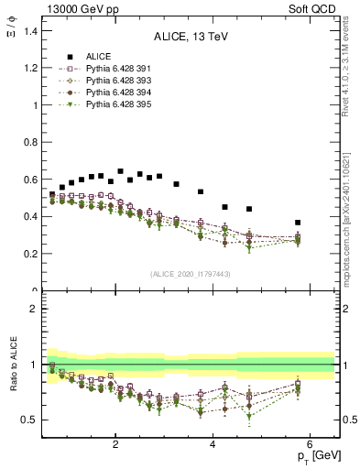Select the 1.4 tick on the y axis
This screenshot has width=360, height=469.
29,31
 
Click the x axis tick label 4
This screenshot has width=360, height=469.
213,445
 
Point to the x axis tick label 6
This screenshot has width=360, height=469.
310,445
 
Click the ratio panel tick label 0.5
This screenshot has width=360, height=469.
29,420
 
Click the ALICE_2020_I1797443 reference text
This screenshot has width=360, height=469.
190,274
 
